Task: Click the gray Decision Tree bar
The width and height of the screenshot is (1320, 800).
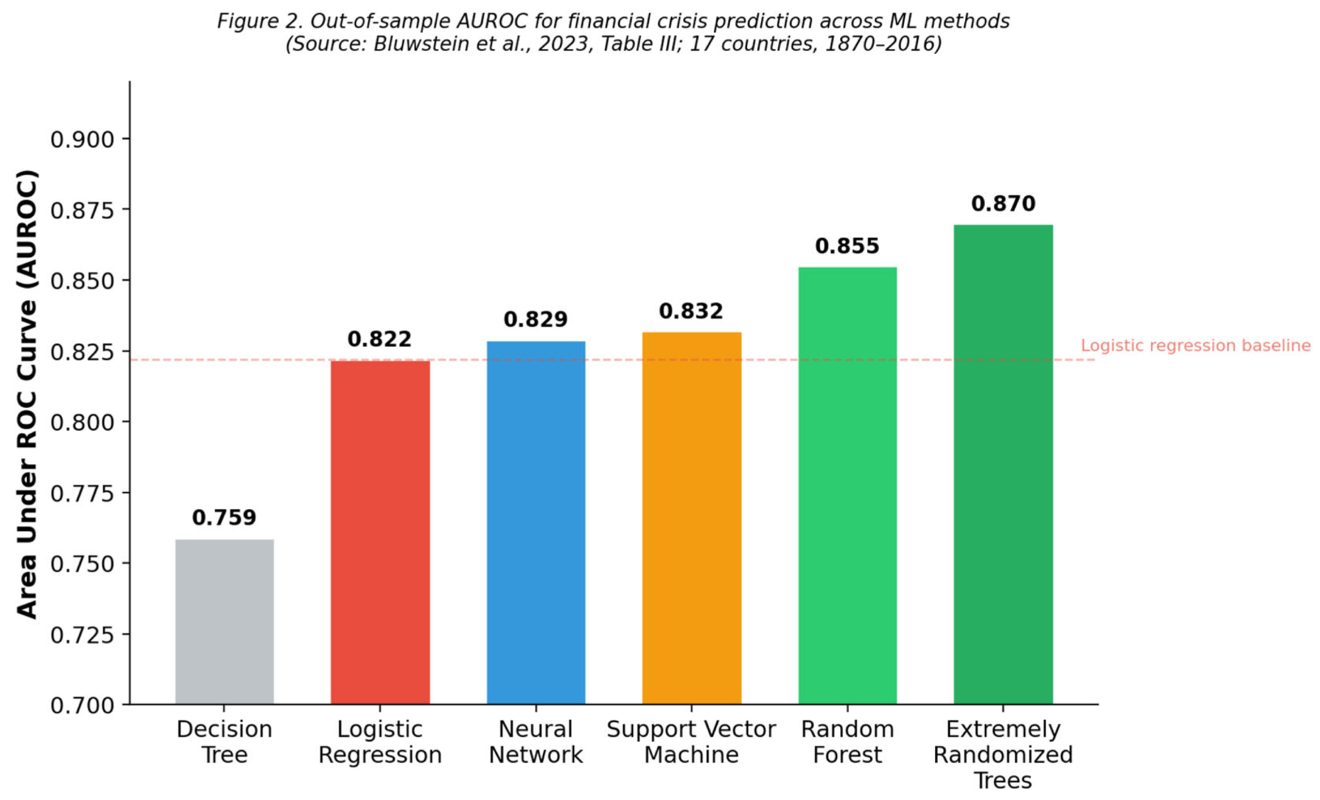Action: [x=224, y=622]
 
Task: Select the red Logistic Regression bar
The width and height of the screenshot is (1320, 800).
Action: [x=380, y=532]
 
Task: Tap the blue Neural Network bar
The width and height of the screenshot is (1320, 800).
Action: [x=536, y=523]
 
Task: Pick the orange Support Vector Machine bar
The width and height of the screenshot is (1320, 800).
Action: [x=692, y=518]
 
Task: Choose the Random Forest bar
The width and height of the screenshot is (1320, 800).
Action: [x=848, y=486]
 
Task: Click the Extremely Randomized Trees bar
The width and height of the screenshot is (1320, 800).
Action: [x=1003, y=464]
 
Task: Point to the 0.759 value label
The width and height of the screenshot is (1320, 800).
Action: [x=224, y=518]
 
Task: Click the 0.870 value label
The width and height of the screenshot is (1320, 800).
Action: [x=1003, y=203]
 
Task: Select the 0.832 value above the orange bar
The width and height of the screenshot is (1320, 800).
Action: [x=692, y=311]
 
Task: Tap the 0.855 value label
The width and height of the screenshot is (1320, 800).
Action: [x=848, y=246]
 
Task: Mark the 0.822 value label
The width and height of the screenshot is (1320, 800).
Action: [x=380, y=339]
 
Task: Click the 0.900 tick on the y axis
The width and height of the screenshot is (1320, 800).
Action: [x=83, y=140]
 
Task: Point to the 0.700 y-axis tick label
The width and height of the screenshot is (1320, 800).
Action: [x=83, y=705]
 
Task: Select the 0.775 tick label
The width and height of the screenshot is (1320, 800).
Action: [x=83, y=493]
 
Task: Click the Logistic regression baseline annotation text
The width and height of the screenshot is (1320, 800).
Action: [x=1196, y=345]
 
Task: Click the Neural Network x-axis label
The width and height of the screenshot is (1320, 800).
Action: [x=536, y=742]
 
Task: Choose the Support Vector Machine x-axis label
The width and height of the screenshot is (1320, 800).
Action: [x=692, y=742]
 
